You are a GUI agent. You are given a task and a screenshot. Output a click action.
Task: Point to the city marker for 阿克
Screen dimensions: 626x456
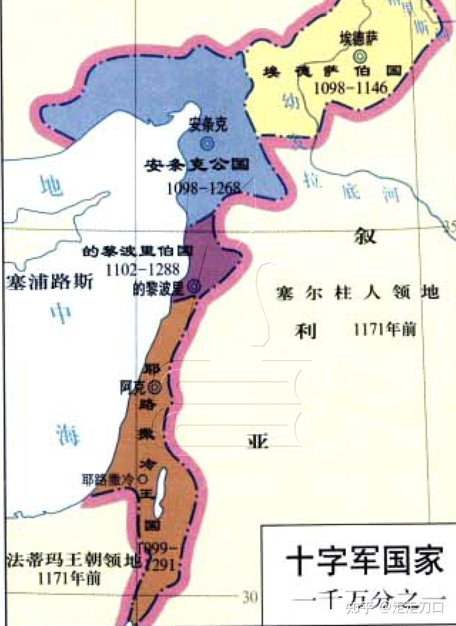click(154, 387)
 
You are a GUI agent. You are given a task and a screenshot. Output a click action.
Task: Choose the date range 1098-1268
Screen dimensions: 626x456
click(203, 189)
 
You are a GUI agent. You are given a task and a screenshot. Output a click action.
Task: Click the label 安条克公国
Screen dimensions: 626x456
click(197, 165)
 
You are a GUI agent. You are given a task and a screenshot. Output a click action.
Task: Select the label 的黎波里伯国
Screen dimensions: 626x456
click(137, 251)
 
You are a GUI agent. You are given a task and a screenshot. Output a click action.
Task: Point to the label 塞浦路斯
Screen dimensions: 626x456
click(49, 283)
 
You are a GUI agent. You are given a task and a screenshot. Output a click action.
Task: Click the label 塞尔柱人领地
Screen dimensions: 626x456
click(357, 293)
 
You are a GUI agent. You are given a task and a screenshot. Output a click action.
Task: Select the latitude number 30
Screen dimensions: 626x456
click(250, 596)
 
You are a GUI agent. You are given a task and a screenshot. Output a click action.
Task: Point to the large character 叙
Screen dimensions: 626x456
click(365, 234)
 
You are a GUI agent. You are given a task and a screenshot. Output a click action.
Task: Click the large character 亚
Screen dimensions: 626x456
click(258, 441)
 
